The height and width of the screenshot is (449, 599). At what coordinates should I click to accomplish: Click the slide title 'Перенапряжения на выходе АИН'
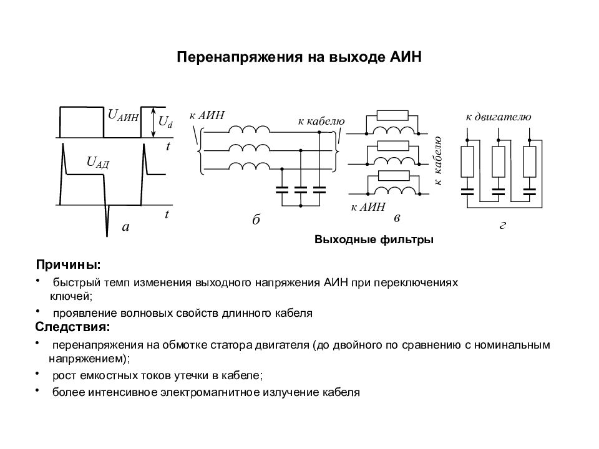tap(299, 57)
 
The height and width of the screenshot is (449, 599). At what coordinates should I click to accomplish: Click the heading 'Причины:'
tap(69, 264)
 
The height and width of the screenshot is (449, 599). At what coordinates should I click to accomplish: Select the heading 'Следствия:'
tap(72, 327)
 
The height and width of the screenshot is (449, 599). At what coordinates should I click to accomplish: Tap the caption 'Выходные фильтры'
tap(374, 239)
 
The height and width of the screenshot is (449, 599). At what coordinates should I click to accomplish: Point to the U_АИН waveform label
tap(123, 115)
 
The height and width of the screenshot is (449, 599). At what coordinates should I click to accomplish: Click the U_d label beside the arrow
tap(165, 122)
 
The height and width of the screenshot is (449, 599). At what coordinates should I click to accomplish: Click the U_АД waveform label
tap(98, 163)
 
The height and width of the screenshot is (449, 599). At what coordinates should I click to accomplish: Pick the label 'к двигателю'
tap(498, 117)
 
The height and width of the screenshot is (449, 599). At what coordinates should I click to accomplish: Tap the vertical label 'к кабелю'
tap(438, 161)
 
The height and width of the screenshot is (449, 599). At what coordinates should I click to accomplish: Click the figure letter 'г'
tap(503, 226)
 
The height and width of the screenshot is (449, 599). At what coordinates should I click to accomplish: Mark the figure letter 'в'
tap(397, 218)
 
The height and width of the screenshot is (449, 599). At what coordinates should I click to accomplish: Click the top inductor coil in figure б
tap(249, 130)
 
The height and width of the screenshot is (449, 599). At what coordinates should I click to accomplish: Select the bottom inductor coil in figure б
tap(249, 166)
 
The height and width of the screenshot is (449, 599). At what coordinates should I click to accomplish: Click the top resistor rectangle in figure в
tap(392, 115)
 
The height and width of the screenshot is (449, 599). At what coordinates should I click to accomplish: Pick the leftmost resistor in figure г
tap(467, 162)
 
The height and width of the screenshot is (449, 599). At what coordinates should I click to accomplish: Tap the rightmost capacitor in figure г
tap(530, 191)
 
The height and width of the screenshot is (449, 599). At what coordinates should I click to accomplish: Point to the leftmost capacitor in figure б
tap(282, 190)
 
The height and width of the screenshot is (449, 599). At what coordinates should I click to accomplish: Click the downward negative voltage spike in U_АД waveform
tap(107, 220)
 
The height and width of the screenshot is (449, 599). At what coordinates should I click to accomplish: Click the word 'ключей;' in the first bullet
tap(71, 296)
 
